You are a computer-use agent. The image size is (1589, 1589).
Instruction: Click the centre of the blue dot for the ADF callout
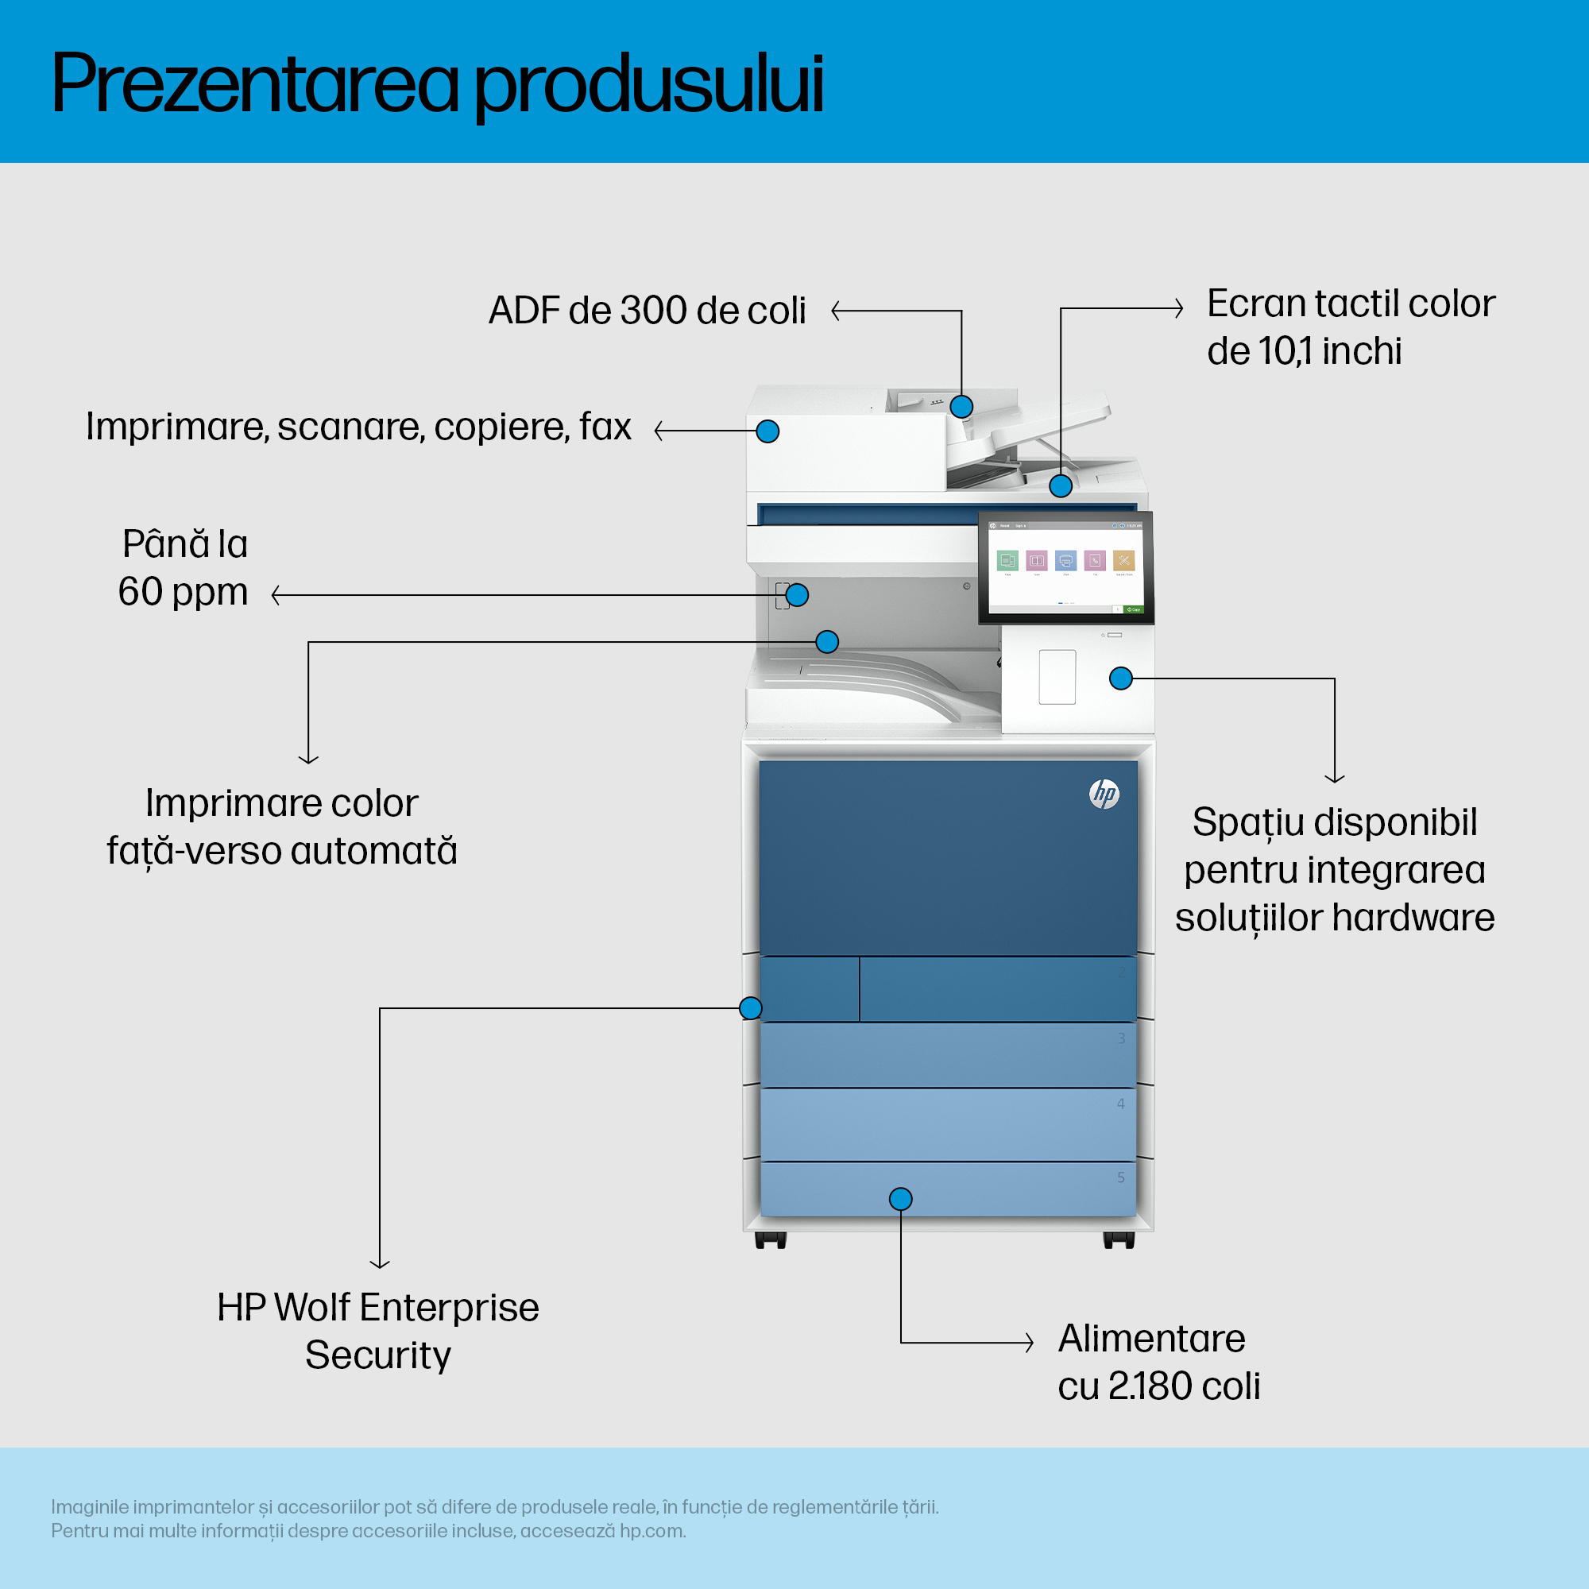(961, 406)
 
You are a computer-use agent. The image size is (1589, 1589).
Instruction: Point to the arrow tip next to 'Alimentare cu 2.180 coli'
(1033, 1342)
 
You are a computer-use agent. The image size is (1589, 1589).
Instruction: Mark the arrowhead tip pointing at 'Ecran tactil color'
(1183, 308)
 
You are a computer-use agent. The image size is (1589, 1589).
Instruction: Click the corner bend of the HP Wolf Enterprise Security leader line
(380, 1008)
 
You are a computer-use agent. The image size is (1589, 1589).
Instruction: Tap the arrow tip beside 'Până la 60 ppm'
(273, 594)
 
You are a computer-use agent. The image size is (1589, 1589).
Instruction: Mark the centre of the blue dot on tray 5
(901, 1199)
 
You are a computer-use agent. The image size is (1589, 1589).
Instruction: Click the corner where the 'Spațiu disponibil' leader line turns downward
(1335, 679)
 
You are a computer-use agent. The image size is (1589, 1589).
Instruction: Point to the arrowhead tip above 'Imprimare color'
(308, 764)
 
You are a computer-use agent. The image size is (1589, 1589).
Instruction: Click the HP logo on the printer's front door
(1104, 794)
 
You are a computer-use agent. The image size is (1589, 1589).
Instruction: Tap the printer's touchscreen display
(1066, 567)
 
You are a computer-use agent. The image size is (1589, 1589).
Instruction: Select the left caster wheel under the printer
(771, 1240)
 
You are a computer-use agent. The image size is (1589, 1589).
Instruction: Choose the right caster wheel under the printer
(1119, 1240)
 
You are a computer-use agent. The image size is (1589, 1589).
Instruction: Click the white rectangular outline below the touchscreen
(1057, 677)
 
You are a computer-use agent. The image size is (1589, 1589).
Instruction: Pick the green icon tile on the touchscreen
(1007, 561)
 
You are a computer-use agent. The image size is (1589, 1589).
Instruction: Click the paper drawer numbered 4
(949, 1124)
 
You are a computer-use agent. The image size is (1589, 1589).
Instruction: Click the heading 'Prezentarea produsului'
(438, 85)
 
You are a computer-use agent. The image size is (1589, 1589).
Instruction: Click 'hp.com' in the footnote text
(652, 1532)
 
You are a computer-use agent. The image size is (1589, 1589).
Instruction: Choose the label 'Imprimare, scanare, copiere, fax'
(358, 427)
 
